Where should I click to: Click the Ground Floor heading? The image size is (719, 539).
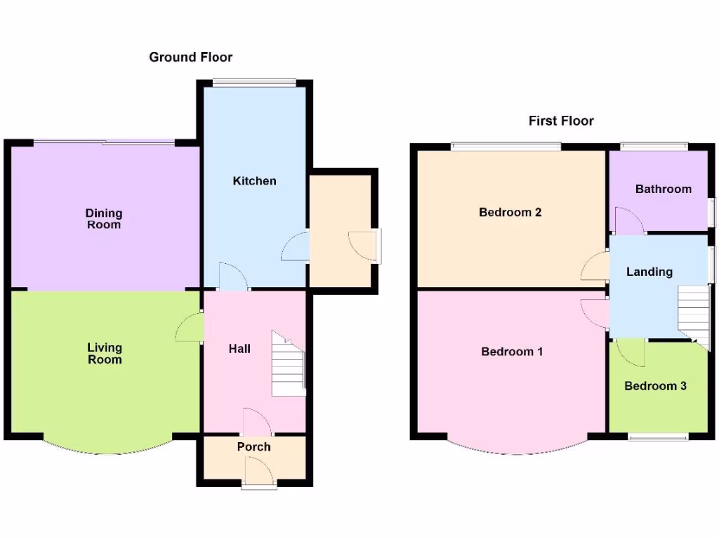pyautogui.click(x=190, y=57)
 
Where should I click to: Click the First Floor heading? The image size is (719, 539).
pyautogui.click(x=561, y=121)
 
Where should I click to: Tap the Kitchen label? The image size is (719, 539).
pyautogui.click(x=254, y=181)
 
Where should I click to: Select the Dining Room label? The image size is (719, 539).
pyautogui.click(x=103, y=219)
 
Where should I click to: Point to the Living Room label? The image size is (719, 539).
pyautogui.click(x=105, y=354)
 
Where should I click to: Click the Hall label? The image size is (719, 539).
pyautogui.click(x=239, y=349)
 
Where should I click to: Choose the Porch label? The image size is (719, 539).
pyautogui.click(x=253, y=447)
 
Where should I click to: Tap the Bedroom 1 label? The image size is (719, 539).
pyautogui.click(x=512, y=352)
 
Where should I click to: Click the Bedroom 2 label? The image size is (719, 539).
pyautogui.click(x=510, y=212)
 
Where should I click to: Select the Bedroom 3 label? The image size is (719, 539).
pyautogui.click(x=655, y=386)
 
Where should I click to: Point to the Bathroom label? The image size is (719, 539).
pyautogui.click(x=663, y=189)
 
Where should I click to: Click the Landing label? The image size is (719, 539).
pyautogui.click(x=649, y=272)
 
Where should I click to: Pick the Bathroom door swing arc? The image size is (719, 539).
pyautogui.click(x=630, y=220)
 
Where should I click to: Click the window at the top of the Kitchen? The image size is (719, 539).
pyautogui.click(x=254, y=83)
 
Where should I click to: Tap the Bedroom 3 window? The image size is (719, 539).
pyautogui.click(x=658, y=437)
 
